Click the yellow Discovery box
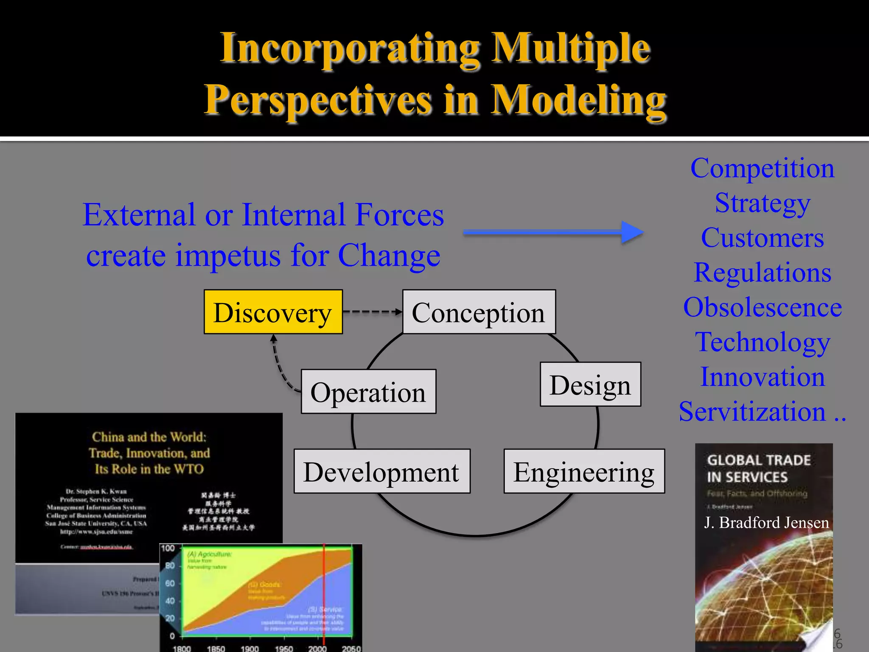tap(273, 312)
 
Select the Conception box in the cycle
tap(479, 312)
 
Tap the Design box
tap(590, 385)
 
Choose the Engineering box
tap(584, 472)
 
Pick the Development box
tap(381, 472)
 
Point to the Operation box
tap(368, 392)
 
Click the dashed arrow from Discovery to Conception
tap(372, 312)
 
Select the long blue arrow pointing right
tap(552, 232)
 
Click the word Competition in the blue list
tap(762, 168)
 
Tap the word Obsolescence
tap(762, 307)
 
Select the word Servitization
tap(752, 411)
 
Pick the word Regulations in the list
tap(762, 272)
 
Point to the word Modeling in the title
tap(579, 100)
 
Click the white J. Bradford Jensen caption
tap(766, 523)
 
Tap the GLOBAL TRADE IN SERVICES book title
tap(758, 469)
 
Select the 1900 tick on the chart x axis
tap(249, 648)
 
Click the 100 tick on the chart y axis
tap(168, 548)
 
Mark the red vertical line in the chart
tap(324, 594)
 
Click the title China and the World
tap(149, 437)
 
